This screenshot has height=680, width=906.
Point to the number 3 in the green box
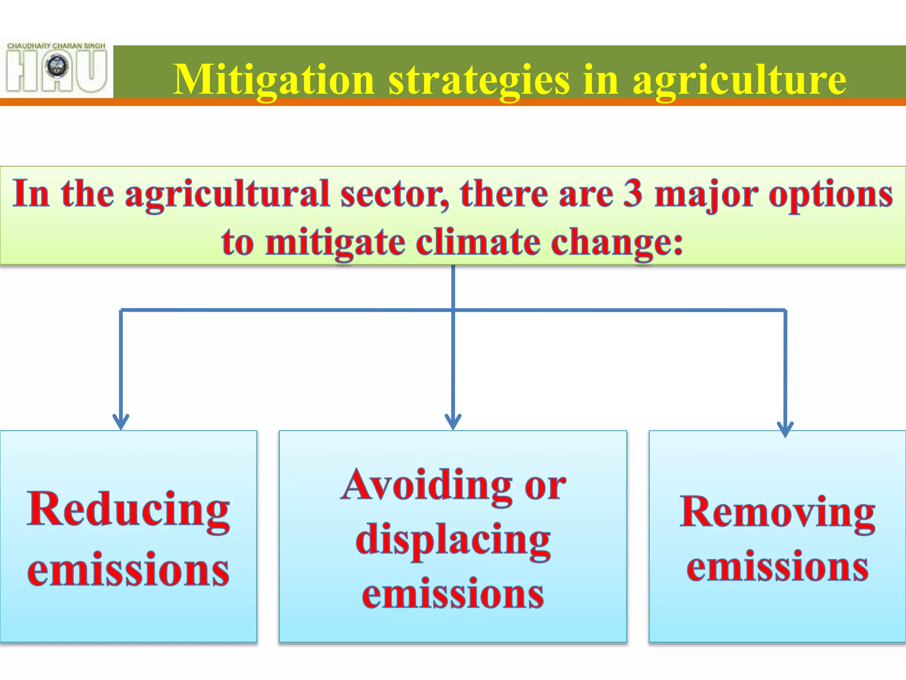tap(633, 194)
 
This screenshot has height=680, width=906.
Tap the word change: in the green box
tap(617, 243)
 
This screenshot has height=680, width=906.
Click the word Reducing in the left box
tap(128, 510)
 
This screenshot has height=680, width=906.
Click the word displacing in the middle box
tap(453, 540)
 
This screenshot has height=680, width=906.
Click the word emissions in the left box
tap(128, 570)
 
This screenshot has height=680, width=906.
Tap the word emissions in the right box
tap(777, 567)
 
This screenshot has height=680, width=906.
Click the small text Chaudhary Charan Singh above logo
tap(56, 46)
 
